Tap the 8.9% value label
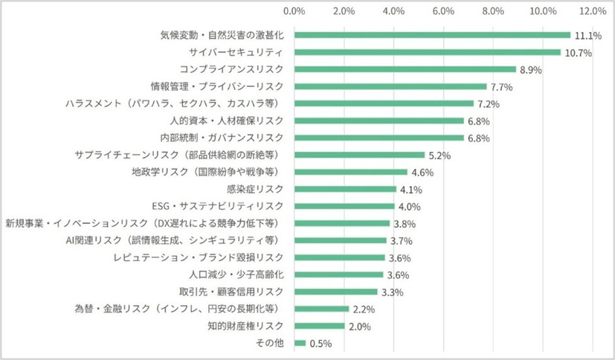click(x=529, y=69)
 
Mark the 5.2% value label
click(x=438, y=155)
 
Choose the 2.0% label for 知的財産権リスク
click(x=358, y=326)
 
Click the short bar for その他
click(x=300, y=343)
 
